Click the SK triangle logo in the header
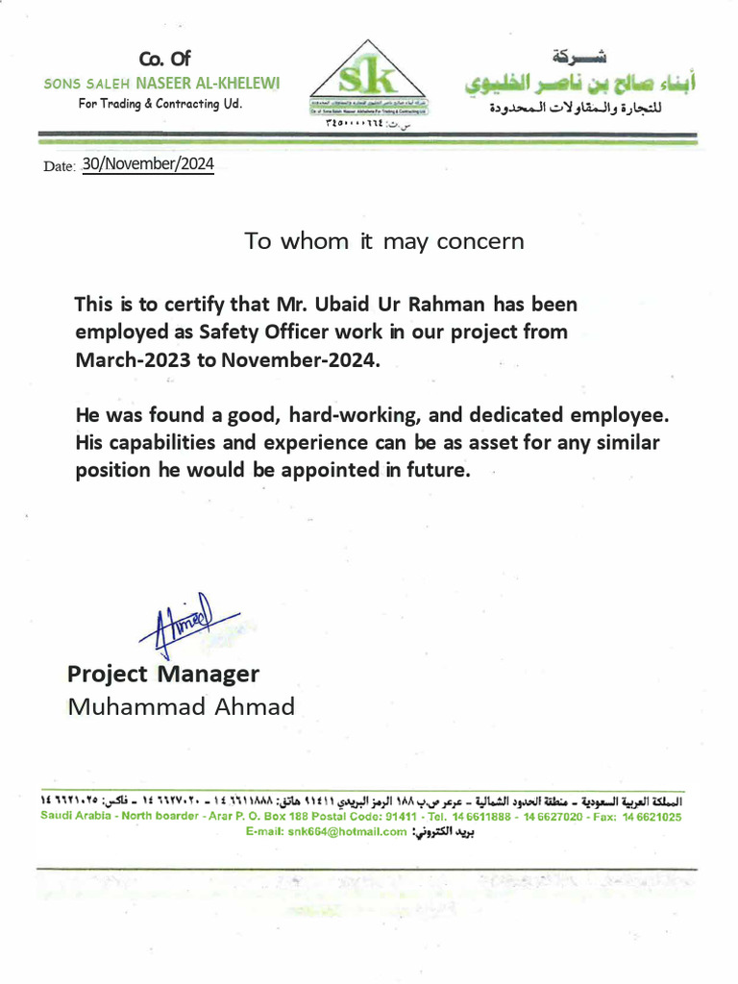tap(369, 78)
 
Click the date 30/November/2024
tap(147, 164)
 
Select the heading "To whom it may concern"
tap(384, 241)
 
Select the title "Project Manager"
tap(163, 674)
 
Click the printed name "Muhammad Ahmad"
tap(181, 707)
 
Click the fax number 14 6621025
tap(652, 817)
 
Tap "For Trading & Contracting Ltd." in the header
tap(160, 104)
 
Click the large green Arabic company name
tap(580, 84)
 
